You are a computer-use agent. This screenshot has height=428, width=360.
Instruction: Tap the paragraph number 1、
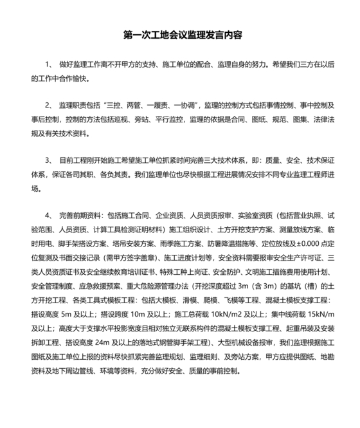pyautogui.click(x=50, y=66)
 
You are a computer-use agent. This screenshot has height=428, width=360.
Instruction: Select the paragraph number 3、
pyautogui.click(x=50, y=158)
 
